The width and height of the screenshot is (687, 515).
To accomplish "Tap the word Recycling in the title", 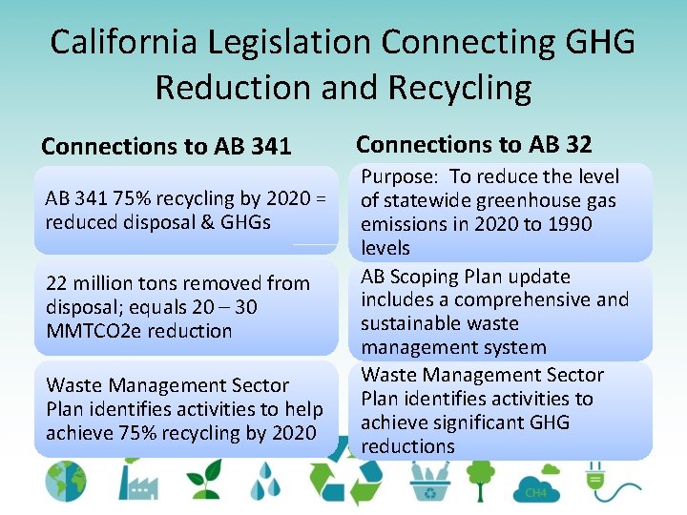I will pos(460,88).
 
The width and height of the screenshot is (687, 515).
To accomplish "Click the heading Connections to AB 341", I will pos(166,147).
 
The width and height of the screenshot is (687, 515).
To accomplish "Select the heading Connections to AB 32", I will pos(474,144).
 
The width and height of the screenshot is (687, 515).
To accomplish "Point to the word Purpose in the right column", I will pos(399,176).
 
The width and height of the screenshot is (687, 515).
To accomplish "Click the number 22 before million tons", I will pos(56,283).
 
